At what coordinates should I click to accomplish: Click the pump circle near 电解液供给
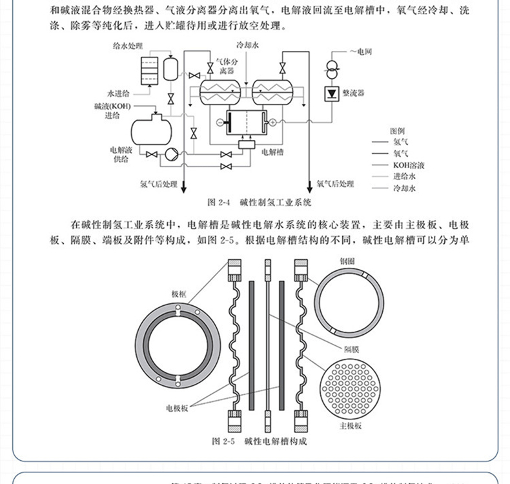171,154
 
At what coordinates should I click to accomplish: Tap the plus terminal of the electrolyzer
272,121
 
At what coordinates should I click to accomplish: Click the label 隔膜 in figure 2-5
352,346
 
